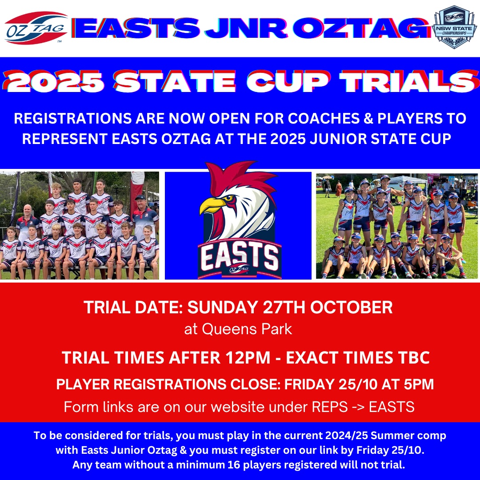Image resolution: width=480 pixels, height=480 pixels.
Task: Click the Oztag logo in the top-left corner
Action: point(36,28)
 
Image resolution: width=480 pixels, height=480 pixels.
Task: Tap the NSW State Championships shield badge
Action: point(454,27)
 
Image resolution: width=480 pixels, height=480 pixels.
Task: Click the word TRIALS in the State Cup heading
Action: point(410,81)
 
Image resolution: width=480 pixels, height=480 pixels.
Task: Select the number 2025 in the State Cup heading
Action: point(54,81)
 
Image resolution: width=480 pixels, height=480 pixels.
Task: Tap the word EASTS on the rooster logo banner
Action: point(240,256)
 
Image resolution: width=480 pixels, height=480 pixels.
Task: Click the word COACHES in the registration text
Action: point(324,119)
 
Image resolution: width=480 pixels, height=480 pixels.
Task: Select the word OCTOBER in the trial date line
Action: point(352,308)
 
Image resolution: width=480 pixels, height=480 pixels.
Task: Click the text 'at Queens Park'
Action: point(238,329)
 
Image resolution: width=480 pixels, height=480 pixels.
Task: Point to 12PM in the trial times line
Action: point(248,357)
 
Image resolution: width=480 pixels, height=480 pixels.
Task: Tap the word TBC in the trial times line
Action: point(414,357)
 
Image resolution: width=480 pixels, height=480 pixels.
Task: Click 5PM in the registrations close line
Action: point(419,384)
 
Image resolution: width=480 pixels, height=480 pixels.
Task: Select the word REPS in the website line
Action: point(330,407)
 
